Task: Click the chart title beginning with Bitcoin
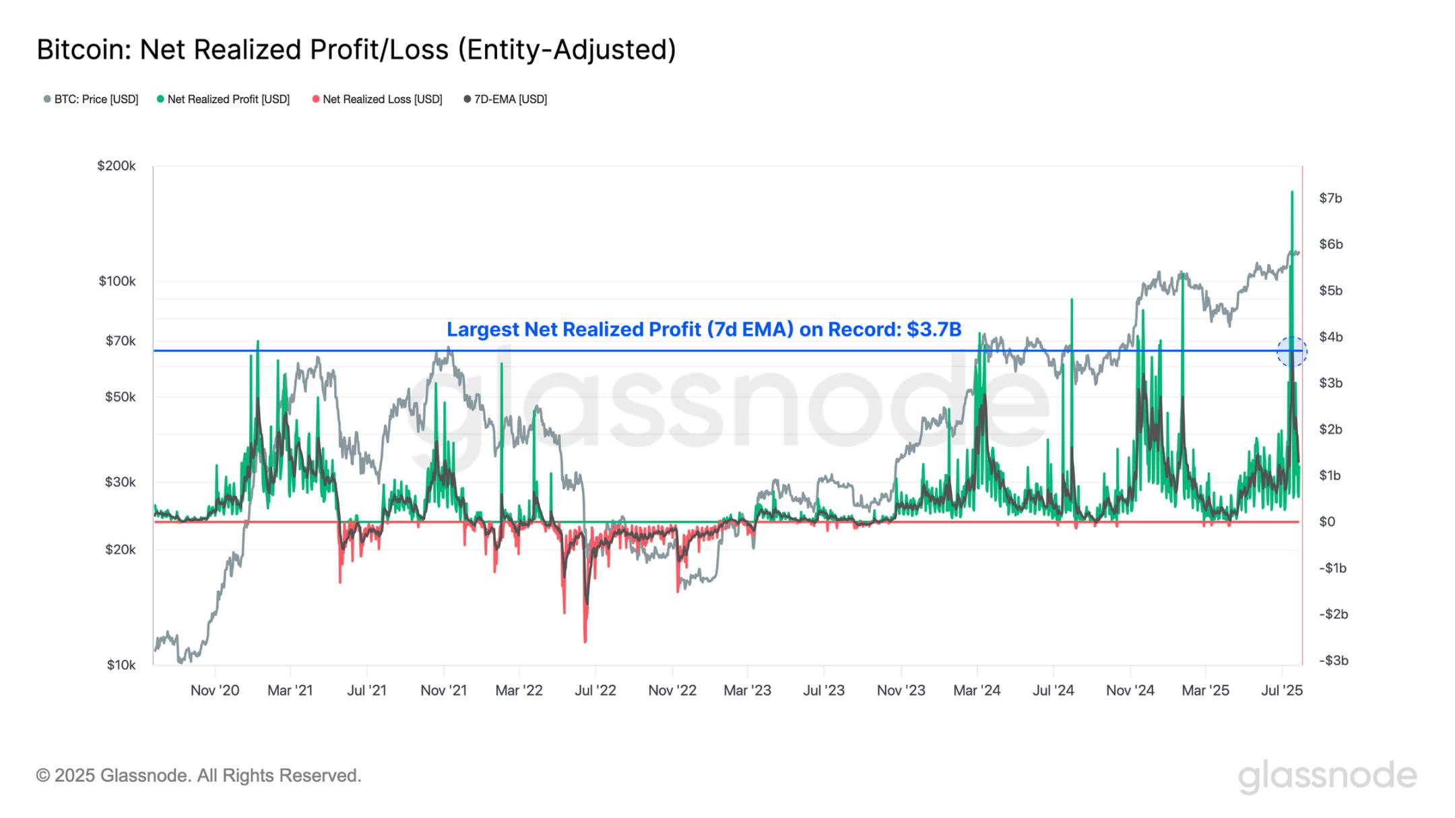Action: [x=356, y=50]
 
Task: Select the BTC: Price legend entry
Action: [x=91, y=100]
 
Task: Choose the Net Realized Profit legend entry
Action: [x=224, y=100]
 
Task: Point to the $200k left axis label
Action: [x=116, y=166]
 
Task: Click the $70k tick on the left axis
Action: [x=120, y=341]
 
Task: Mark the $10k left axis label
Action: [x=121, y=665]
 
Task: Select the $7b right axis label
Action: [x=1330, y=198]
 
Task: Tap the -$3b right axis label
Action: [x=1333, y=660]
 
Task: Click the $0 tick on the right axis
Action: [x=1326, y=522]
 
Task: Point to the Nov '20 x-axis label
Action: [x=215, y=690]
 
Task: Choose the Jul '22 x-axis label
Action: [x=595, y=690]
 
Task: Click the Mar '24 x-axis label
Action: [x=977, y=690]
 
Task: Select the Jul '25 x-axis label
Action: [x=1281, y=690]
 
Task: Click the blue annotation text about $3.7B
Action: [x=704, y=329]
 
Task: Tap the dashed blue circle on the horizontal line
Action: [x=1291, y=351]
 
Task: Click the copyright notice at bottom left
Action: [x=199, y=776]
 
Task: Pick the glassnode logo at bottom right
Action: [x=1327, y=776]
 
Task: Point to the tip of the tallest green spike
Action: [x=1292, y=192]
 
